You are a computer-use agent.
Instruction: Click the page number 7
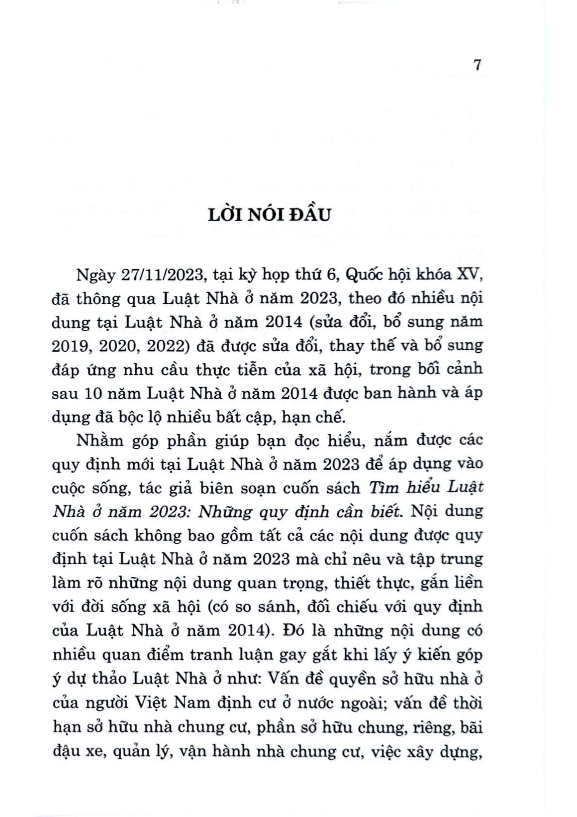[478, 65]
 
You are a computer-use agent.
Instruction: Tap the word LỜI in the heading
[225, 214]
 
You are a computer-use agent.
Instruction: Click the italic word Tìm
[385, 488]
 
